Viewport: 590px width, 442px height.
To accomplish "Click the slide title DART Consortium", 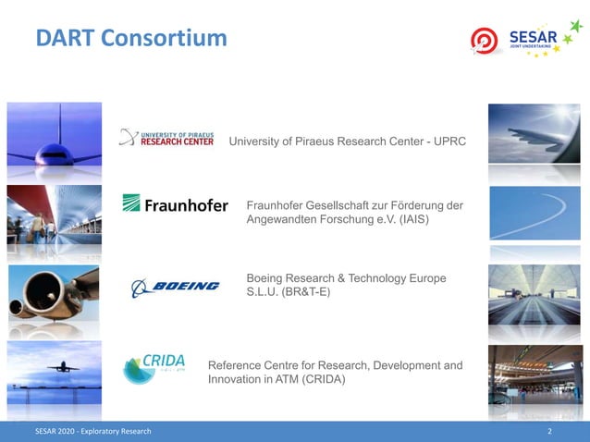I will click(131, 38).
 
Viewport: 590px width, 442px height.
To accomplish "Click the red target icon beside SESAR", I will click(485, 41).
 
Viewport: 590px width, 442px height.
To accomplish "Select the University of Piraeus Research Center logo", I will click(166, 139).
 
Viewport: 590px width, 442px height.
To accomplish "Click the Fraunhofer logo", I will click(175, 204).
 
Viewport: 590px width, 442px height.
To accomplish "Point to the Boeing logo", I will click(175, 287).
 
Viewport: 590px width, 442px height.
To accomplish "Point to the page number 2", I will click(549, 432).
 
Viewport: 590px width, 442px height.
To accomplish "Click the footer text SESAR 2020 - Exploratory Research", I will click(92, 432).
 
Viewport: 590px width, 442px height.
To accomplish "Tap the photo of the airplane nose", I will click(54, 139).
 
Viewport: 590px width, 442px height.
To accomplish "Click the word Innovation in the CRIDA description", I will click(238, 380).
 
